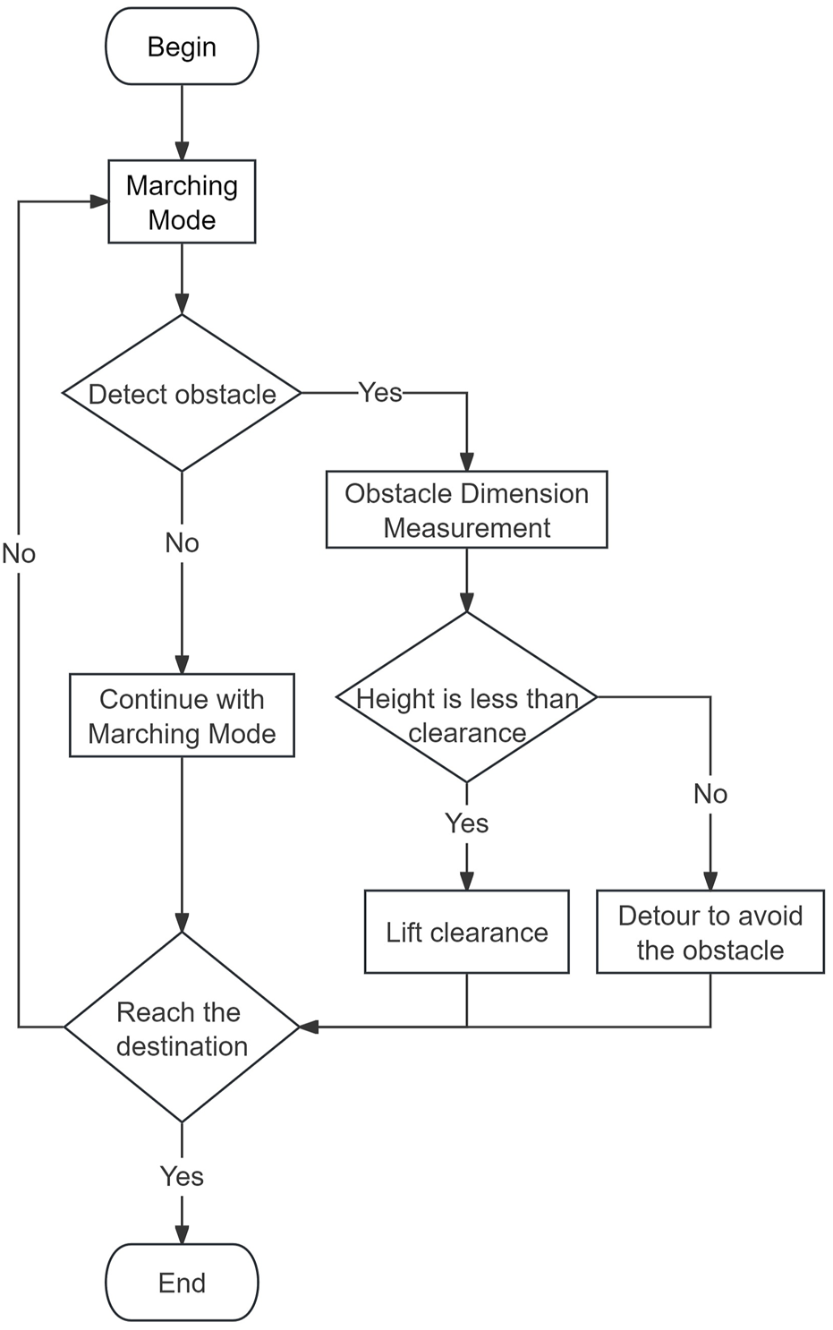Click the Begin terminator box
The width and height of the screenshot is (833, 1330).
(x=182, y=47)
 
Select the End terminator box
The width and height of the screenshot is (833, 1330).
(x=182, y=1282)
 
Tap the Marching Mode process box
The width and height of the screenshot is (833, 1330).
(x=182, y=201)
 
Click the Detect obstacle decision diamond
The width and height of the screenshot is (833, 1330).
(x=182, y=393)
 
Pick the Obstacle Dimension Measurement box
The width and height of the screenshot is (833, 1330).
(x=466, y=509)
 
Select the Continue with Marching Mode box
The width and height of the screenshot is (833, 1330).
(x=182, y=715)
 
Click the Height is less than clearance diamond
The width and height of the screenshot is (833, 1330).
(x=466, y=697)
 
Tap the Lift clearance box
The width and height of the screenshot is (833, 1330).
(x=466, y=932)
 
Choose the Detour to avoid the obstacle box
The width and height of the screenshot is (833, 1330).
(x=710, y=932)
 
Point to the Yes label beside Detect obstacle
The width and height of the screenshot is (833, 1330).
(x=380, y=392)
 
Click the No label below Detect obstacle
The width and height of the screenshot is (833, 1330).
(x=182, y=542)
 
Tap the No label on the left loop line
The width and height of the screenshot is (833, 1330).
(x=19, y=553)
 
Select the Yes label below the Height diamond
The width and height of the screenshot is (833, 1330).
(x=466, y=823)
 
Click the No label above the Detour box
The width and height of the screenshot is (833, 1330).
(x=710, y=793)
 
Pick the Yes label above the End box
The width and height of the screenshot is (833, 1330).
(x=182, y=1176)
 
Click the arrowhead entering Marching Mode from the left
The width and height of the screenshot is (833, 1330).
(x=99, y=201)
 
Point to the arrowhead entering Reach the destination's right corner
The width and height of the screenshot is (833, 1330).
(x=309, y=1027)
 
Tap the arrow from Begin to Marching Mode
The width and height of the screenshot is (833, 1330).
(x=182, y=121)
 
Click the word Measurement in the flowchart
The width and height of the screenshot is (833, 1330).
(x=466, y=528)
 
